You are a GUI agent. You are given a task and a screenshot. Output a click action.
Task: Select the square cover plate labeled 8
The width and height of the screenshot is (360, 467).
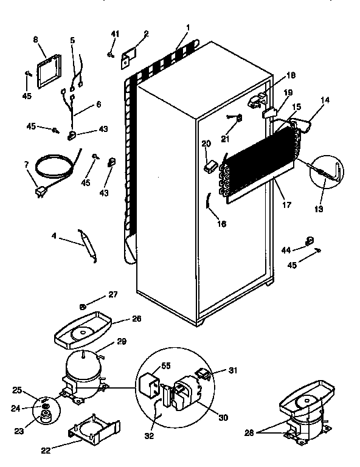coord(50,71)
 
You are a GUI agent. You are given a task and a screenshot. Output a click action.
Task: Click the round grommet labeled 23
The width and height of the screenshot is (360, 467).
coord(46,417)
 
